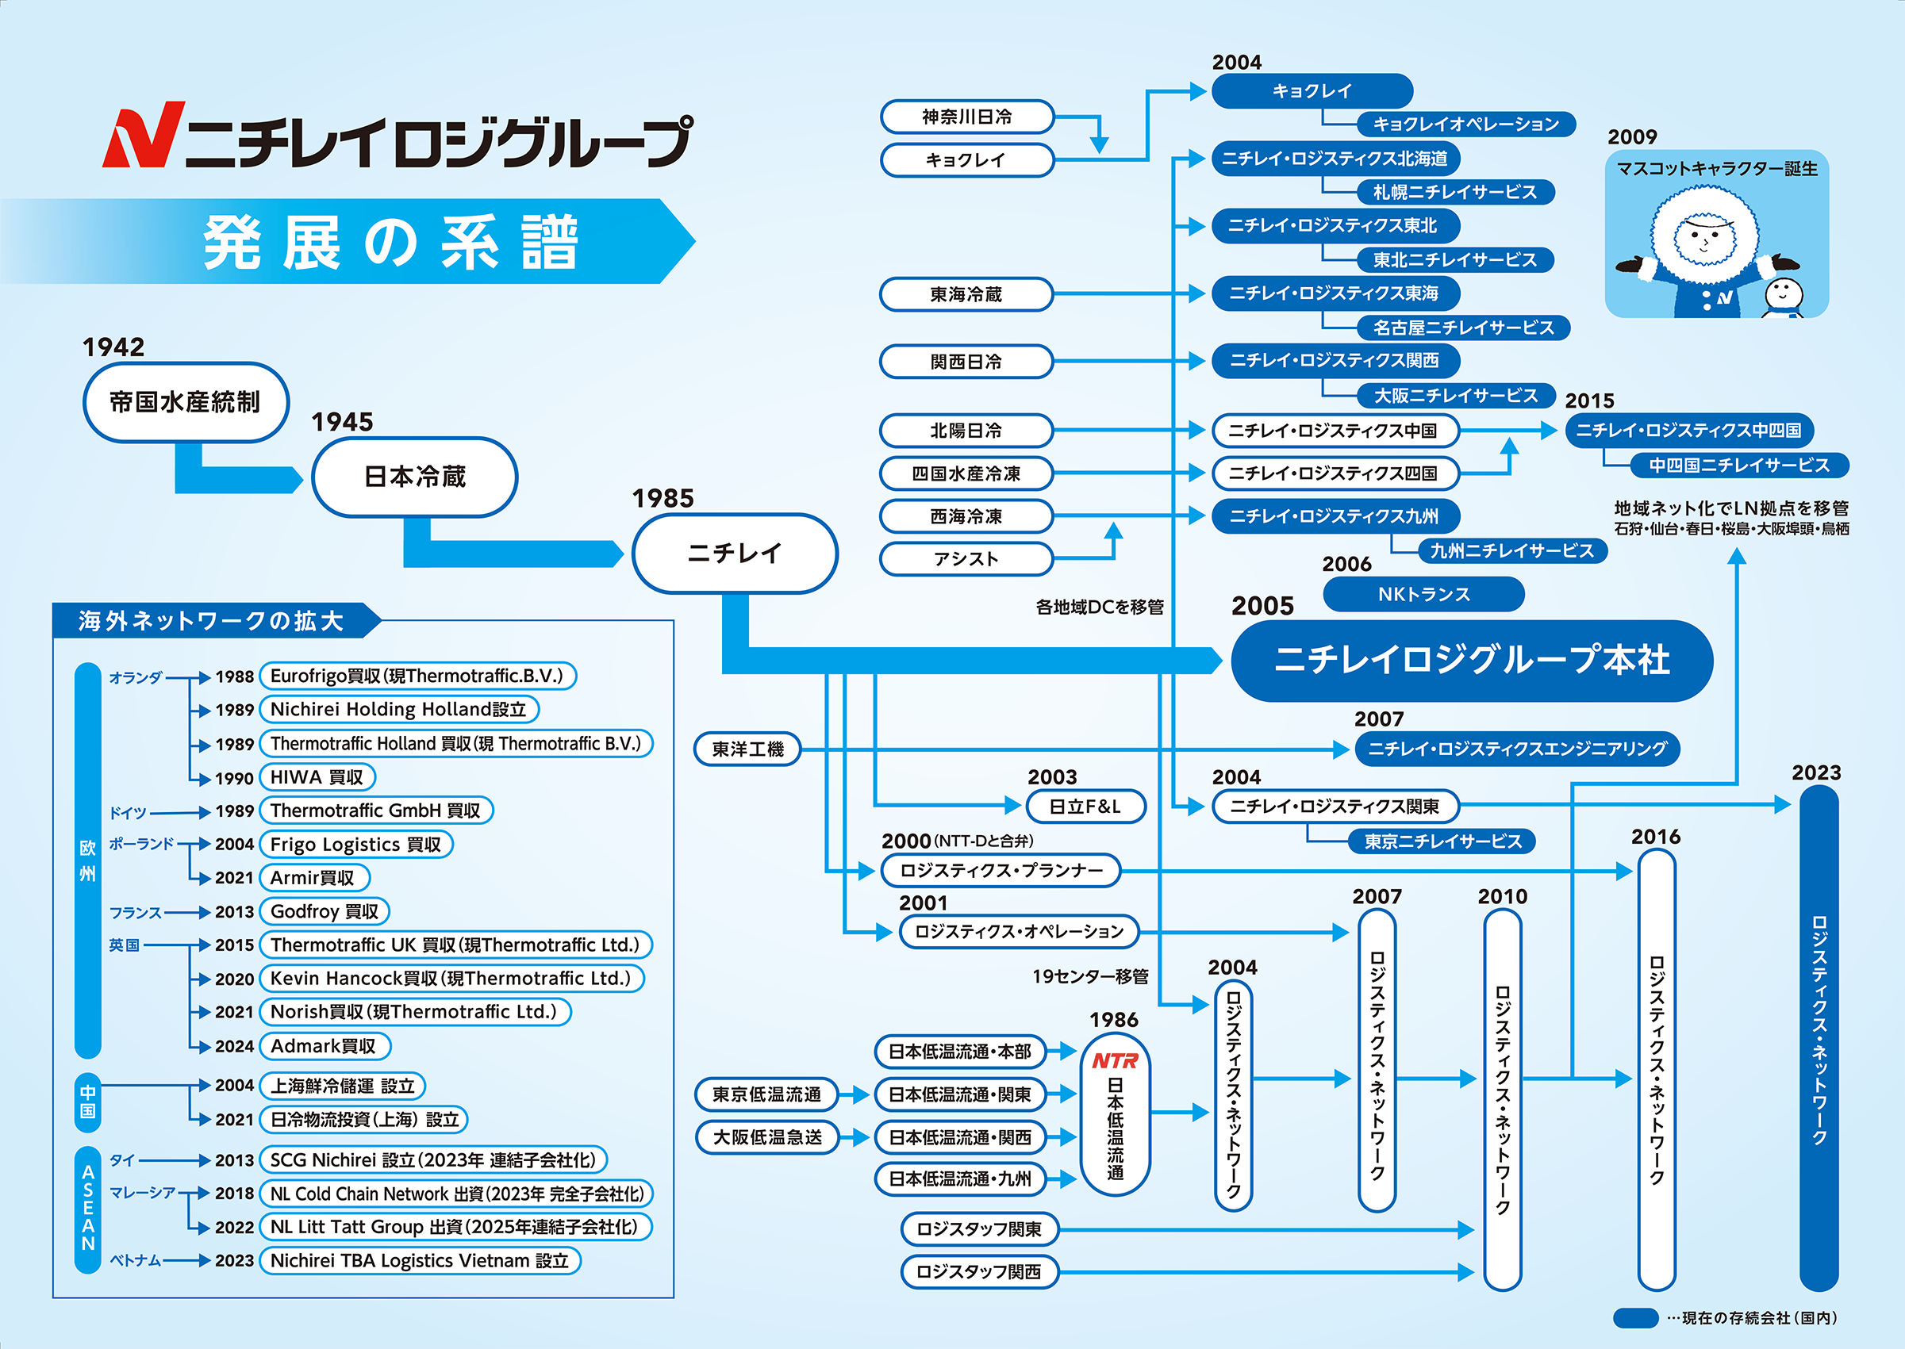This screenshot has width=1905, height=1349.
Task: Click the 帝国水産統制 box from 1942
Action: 186,403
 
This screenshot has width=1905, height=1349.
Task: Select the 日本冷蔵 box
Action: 415,477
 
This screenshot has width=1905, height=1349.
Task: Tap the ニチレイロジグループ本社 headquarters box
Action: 1471,661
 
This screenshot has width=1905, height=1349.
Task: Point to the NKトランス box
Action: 1423,595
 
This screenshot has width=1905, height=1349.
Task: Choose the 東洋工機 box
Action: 747,749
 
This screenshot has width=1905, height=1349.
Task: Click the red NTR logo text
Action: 1115,1061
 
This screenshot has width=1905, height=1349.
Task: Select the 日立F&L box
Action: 1085,807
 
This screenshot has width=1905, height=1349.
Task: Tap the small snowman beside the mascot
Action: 1782,297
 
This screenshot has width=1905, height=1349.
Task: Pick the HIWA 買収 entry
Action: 317,777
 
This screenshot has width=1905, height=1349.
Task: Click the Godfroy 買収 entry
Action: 324,911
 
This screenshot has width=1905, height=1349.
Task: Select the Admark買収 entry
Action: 324,1046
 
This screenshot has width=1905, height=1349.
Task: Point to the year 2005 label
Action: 1263,607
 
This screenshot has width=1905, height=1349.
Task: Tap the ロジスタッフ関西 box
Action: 980,1272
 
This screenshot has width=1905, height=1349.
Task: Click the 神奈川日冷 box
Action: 967,117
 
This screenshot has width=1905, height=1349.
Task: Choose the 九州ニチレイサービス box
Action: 1511,550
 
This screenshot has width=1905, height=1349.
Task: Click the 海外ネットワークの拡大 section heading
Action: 211,620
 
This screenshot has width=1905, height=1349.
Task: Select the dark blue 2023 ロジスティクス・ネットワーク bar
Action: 1819,1038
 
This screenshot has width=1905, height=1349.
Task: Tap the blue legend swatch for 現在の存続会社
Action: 1635,1318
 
